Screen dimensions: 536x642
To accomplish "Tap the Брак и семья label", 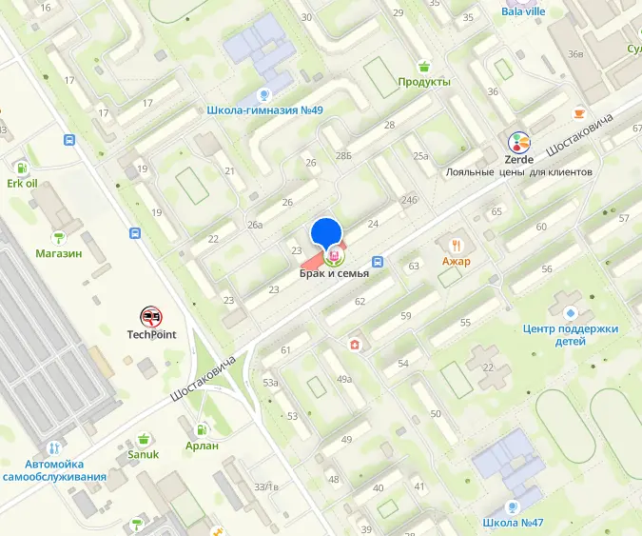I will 334,274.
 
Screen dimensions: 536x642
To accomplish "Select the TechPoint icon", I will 151,316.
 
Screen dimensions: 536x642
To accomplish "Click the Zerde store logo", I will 519,143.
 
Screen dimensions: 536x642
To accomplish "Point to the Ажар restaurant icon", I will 457,245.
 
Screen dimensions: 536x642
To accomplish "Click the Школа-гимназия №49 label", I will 264,110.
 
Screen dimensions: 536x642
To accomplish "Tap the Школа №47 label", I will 512,523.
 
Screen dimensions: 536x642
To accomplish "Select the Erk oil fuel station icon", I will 22,166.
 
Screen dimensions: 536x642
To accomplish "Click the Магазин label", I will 59,253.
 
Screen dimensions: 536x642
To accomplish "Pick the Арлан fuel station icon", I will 202,429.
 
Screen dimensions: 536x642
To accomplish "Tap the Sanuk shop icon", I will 144,438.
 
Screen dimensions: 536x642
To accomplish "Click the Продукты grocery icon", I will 424,66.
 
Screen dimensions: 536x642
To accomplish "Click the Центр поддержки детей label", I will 571,334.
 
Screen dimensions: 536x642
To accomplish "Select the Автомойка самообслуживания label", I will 53,468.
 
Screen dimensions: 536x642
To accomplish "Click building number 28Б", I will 343,155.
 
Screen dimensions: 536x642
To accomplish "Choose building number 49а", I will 343,379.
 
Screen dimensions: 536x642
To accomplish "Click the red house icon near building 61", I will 355,344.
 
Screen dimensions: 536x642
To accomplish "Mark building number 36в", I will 575,53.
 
